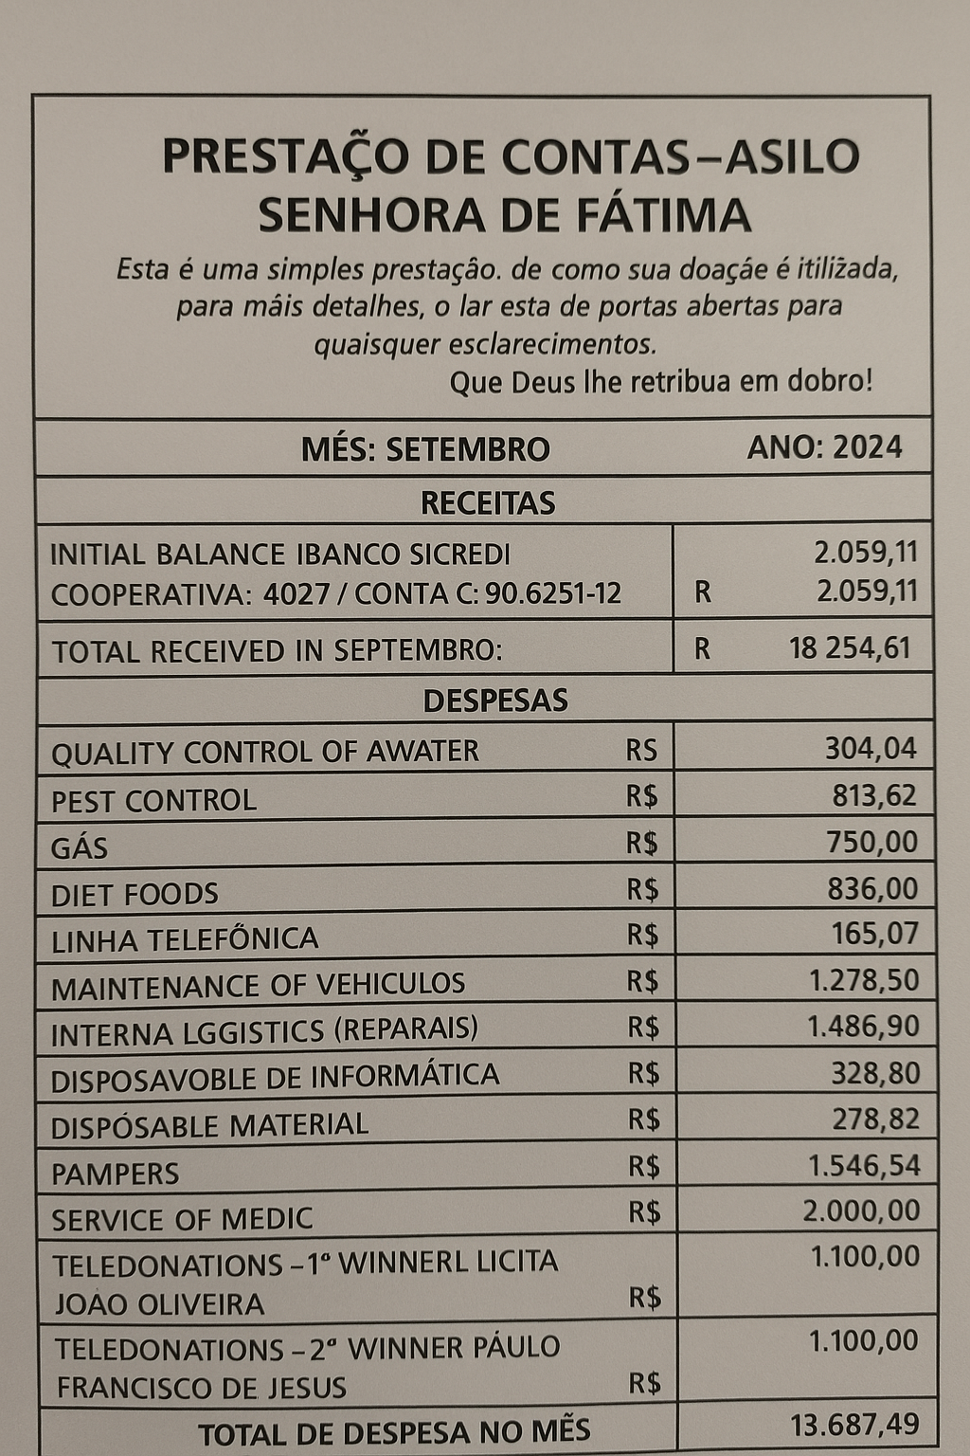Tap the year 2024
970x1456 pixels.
[866, 447]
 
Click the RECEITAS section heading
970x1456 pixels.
[487, 502]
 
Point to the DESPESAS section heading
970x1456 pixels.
[494, 701]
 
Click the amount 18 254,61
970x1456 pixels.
[849, 648]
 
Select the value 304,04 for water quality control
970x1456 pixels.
[870, 749]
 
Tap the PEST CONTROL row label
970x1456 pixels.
[153, 801]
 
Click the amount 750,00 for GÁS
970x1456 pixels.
[871, 842]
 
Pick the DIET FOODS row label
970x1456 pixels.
[135, 894]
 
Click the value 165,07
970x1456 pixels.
[874, 935]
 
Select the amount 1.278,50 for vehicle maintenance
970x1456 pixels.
[863, 980]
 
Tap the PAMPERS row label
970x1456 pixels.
[115, 1174]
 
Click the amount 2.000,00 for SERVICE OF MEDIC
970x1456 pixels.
[860, 1210]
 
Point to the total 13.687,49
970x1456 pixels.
[853, 1424]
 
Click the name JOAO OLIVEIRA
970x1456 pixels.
[159, 1305]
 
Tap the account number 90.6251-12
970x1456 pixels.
[552, 594]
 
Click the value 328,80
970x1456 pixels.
[874, 1073]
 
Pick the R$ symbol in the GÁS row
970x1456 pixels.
[642, 843]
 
